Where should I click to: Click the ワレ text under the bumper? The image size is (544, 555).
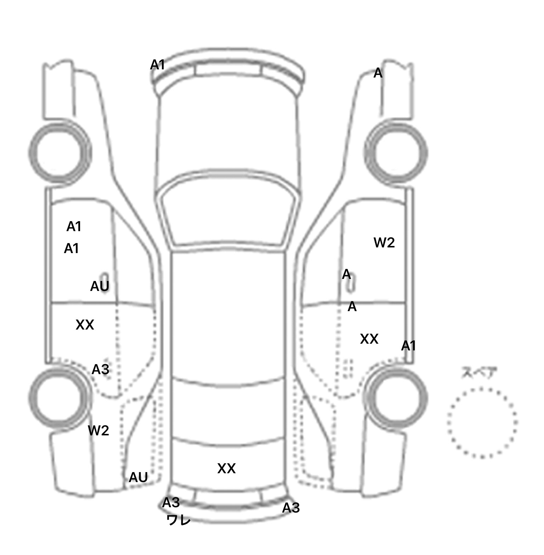(178, 520)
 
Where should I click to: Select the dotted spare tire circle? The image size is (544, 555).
(482, 423)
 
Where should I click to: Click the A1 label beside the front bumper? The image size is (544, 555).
(158, 65)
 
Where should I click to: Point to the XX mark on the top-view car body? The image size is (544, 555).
(226, 469)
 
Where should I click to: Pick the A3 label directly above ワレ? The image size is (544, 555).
(171, 502)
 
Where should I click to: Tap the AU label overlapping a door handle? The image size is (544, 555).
(100, 286)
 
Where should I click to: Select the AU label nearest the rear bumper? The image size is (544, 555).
(138, 477)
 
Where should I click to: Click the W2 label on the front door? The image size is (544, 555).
(384, 243)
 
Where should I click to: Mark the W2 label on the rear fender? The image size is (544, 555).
(98, 430)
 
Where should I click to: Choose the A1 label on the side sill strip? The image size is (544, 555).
(408, 346)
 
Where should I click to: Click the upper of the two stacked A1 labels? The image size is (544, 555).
(74, 227)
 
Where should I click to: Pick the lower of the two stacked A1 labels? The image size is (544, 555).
(71, 249)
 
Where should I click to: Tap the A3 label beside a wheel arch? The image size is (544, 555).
(100, 370)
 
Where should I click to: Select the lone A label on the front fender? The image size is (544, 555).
(378, 73)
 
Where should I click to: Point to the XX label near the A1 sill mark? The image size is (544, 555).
(369, 339)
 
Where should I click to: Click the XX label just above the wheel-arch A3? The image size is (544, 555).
(85, 325)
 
